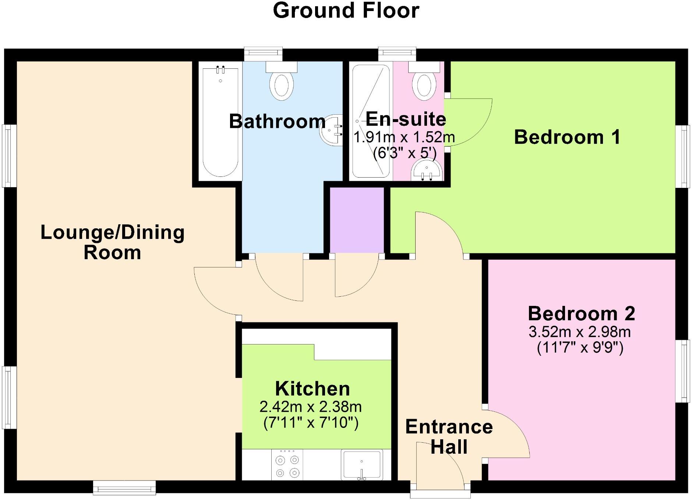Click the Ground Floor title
(x=346, y=10)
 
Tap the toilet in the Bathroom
(x=282, y=83)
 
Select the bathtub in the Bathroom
(x=220, y=121)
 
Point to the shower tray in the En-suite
(x=371, y=121)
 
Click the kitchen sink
(x=362, y=464)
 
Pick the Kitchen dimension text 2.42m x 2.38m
(x=311, y=407)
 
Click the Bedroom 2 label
(x=581, y=314)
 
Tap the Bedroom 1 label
(x=567, y=137)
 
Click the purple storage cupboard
(x=356, y=220)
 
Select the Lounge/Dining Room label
(x=112, y=242)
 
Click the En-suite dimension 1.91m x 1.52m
(x=404, y=137)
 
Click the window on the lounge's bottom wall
(x=124, y=488)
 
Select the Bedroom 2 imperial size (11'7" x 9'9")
(x=580, y=347)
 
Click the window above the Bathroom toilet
(x=264, y=54)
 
